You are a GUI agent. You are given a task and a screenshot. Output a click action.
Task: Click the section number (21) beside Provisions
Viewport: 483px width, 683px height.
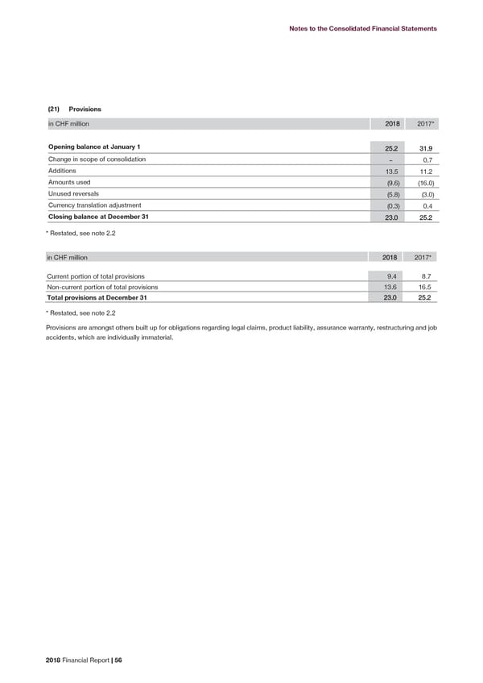[x=54, y=108]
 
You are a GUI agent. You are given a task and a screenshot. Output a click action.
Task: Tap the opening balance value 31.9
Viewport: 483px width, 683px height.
[x=427, y=147]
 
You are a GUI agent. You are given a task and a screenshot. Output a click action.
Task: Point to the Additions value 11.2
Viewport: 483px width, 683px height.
[x=427, y=171]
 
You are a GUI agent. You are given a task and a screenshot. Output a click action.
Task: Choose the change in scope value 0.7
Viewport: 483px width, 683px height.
[x=428, y=159]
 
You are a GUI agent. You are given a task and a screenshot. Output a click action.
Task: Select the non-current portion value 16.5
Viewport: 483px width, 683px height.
[x=427, y=288]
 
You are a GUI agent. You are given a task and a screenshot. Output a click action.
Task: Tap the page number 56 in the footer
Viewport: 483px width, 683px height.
[x=117, y=660]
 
